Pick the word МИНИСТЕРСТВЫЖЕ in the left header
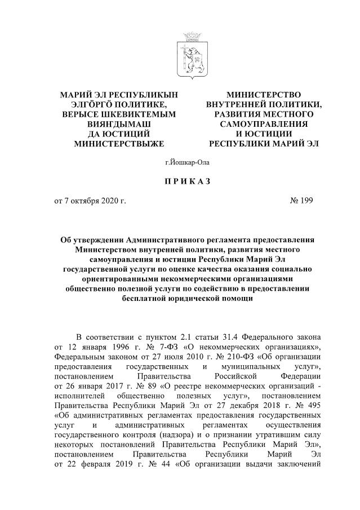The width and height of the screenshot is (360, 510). (x=118, y=144)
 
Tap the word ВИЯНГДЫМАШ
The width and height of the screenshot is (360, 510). (x=118, y=123)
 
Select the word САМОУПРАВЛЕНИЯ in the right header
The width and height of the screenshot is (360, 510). (x=264, y=123)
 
